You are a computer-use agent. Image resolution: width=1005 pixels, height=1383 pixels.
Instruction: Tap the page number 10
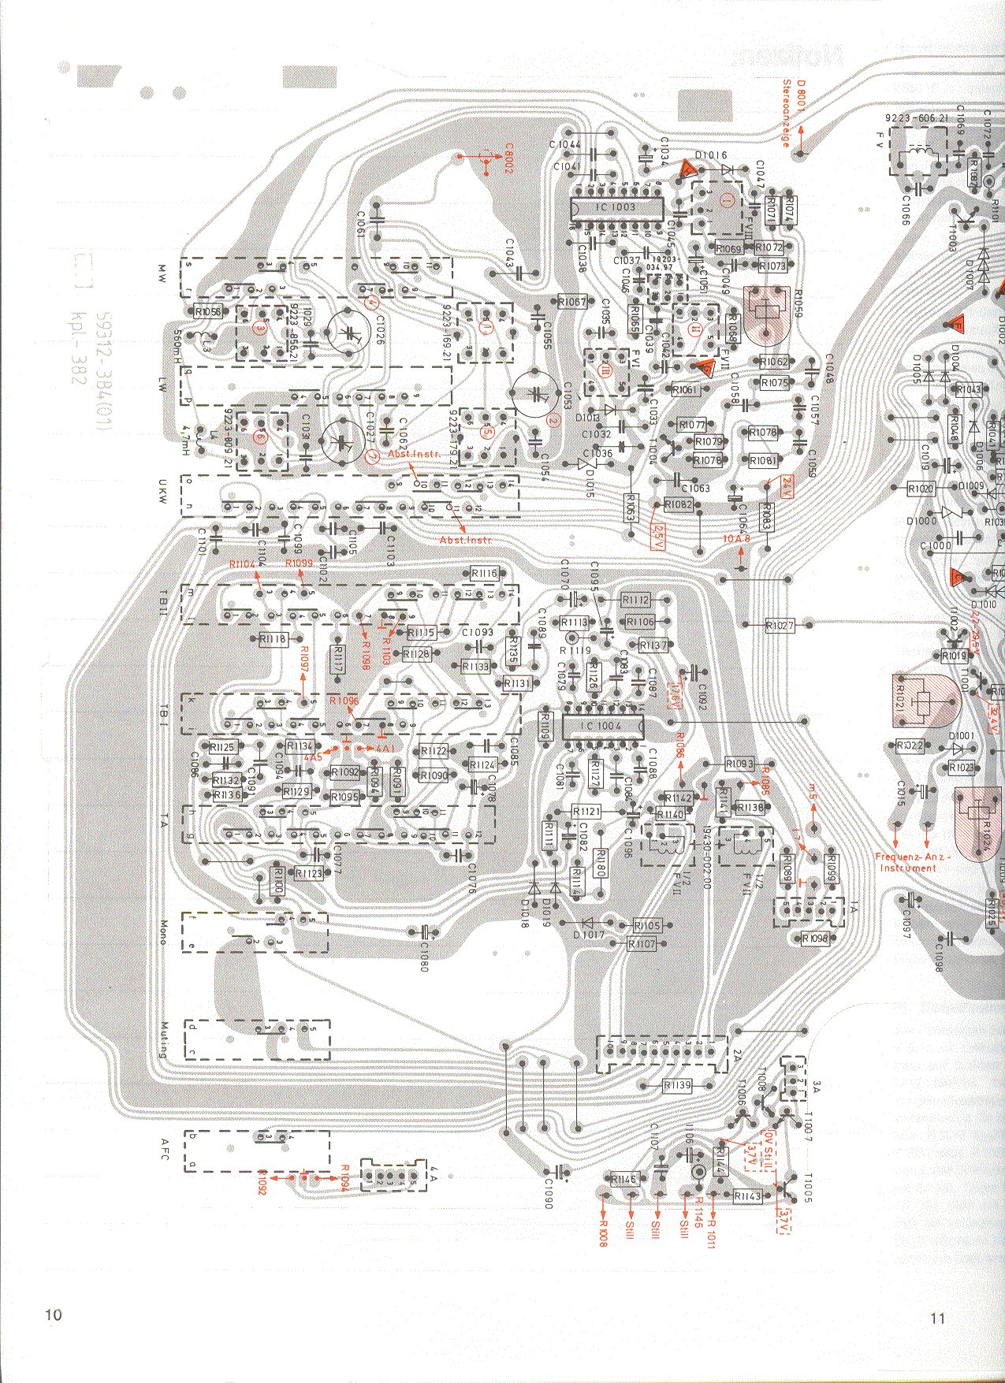pyautogui.click(x=53, y=1314)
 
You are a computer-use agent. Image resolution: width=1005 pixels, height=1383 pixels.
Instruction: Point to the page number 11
pyautogui.click(x=937, y=1318)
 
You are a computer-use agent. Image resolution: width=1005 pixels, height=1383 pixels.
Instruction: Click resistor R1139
pyautogui.click(x=677, y=1085)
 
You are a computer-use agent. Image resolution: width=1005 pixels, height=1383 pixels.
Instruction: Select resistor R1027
pyautogui.click(x=780, y=625)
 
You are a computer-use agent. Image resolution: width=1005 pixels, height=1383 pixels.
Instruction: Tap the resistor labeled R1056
pyautogui.click(x=207, y=312)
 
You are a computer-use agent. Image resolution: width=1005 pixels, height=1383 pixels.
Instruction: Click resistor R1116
pyautogui.click(x=483, y=574)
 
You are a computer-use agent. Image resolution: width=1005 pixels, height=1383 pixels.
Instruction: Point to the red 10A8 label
pyautogui.click(x=737, y=538)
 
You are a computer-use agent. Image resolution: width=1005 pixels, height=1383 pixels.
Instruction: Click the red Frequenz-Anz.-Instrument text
pyautogui.click(x=912, y=862)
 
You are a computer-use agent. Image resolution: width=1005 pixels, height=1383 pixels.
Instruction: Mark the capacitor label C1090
pyautogui.click(x=548, y=1193)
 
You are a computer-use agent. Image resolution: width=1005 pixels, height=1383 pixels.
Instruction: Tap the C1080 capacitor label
pyautogui.click(x=423, y=955)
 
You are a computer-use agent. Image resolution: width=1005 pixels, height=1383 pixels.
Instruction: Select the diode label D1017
pyautogui.click(x=589, y=935)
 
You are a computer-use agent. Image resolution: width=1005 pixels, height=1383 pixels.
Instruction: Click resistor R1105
pyautogui.click(x=646, y=925)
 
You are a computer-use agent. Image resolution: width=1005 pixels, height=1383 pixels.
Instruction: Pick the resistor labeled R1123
pyautogui.click(x=309, y=873)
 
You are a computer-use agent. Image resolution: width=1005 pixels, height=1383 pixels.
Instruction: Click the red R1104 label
pyautogui.click(x=243, y=564)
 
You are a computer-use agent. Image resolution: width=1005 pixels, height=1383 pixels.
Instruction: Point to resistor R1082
pyautogui.click(x=678, y=504)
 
